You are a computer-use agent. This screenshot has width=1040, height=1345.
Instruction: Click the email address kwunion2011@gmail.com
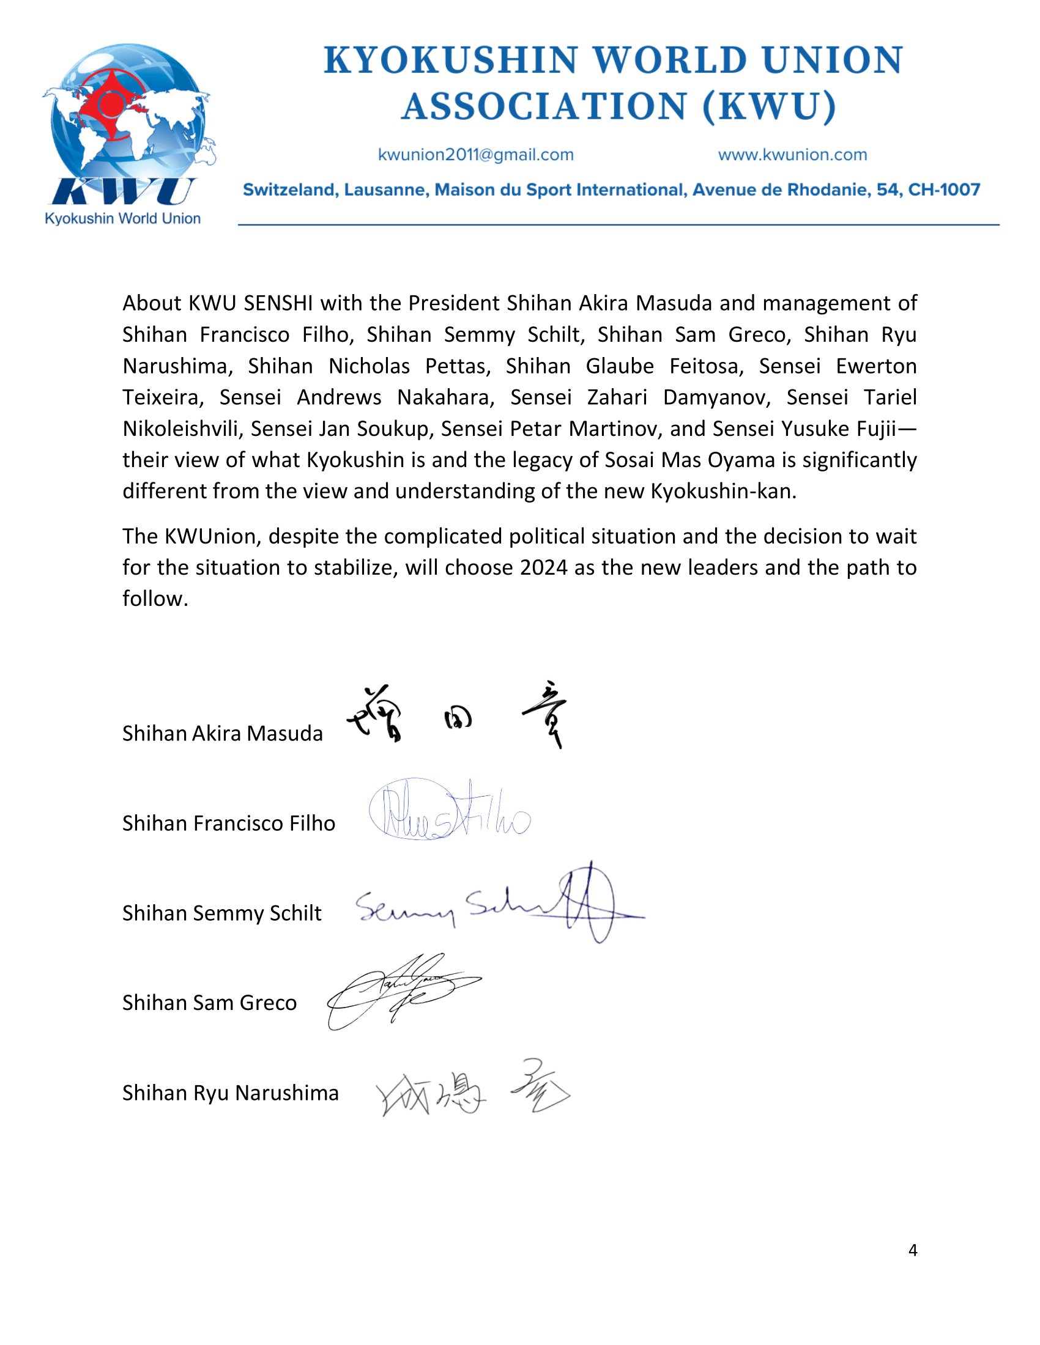pos(475,155)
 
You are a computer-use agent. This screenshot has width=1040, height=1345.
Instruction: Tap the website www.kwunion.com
pos(792,155)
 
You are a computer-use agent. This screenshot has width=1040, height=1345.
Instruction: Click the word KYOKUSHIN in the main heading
pos(451,61)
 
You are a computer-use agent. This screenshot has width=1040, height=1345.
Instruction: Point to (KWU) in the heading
pos(769,106)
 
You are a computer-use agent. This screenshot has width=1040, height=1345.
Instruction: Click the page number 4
pos(913,1250)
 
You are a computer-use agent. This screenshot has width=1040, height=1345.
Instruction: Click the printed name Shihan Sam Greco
pos(209,1003)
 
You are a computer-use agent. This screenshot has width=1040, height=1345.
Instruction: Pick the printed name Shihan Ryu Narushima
pos(231,1093)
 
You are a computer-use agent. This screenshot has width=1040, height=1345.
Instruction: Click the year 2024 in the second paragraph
pos(543,567)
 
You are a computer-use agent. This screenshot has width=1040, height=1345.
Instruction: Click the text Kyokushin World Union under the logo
pos(122,219)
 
